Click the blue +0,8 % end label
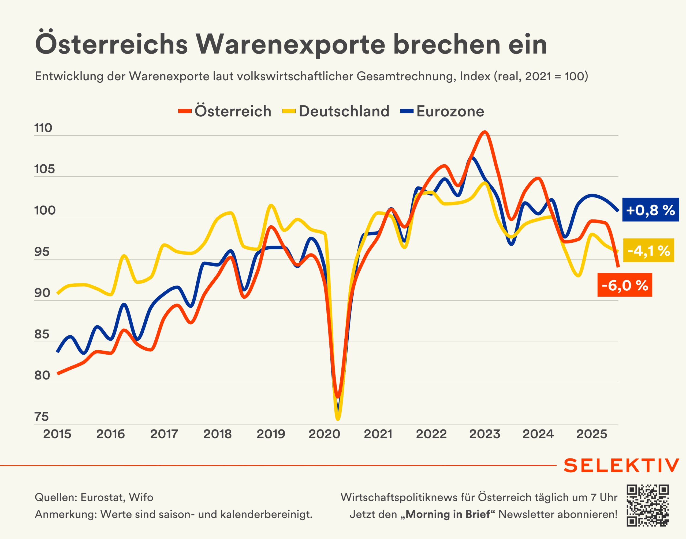[650, 210]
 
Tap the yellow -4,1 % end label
[648, 250]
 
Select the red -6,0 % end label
[624, 285]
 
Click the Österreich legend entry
[225, 111]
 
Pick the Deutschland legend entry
[335, 111]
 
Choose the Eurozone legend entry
[442, 111]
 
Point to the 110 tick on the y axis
[43, 128]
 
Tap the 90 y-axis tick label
[42, 293]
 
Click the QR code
[647, 505]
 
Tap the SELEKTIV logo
[621, 465]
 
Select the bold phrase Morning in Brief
[448, 514]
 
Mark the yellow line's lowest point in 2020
[338, 419]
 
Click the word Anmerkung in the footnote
[65, 514]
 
